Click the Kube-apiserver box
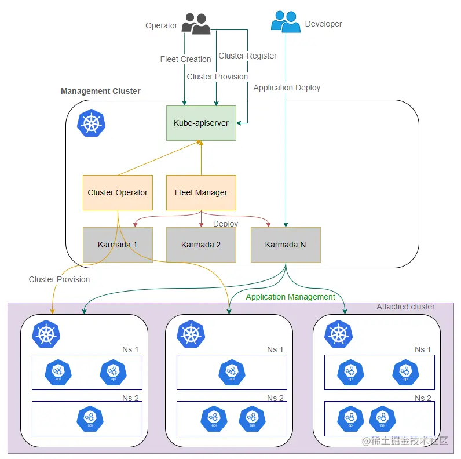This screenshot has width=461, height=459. point(201,123)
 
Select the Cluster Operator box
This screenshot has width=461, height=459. point(118,192)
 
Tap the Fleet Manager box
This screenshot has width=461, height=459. point(201,192)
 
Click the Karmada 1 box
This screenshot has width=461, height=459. point(118,245)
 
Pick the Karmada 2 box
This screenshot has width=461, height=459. point(201,245)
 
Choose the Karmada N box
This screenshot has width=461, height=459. point(286,245)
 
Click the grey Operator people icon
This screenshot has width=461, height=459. point(196,24)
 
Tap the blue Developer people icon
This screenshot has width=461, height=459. point(286,22)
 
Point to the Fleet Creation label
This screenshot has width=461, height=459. point(185,59)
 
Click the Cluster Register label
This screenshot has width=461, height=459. point(247,56)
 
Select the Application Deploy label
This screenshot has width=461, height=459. point(287,88)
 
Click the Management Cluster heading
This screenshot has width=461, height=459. point(100,91)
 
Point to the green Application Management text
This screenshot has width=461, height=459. point(290,297)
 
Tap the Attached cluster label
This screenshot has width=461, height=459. point(405,307)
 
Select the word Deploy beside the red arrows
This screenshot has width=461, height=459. point(225,224)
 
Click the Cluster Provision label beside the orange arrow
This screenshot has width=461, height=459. point(59,279)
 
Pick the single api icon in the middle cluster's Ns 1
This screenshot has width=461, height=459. point(231,372)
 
